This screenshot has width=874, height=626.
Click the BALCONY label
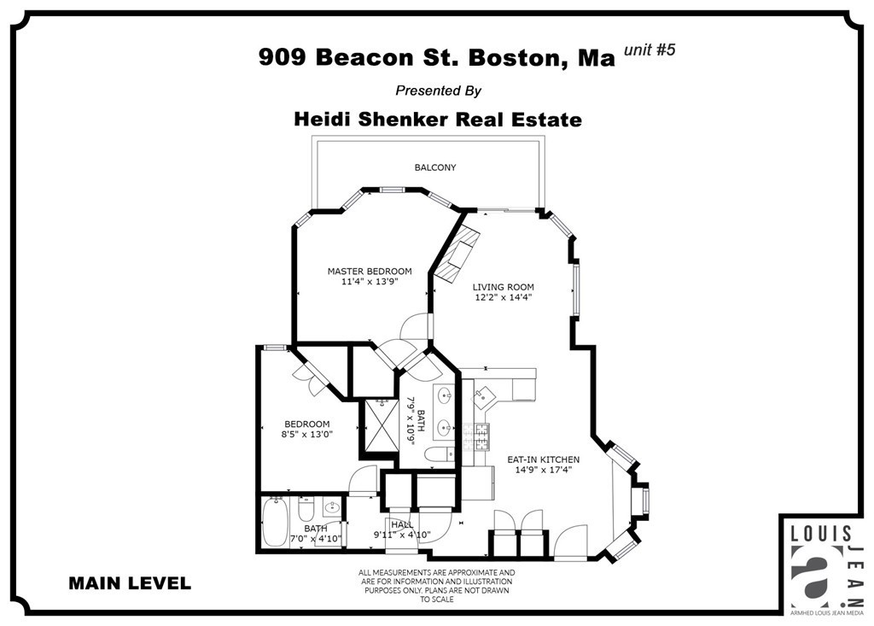pos(434,167)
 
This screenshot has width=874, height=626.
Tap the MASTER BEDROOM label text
pos(364,272)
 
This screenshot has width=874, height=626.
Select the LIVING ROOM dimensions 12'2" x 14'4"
pos(504,298)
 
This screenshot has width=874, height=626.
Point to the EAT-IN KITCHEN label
pos(544,459)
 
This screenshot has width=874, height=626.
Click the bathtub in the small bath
pos(275,522)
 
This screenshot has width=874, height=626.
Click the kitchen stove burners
pos(482,436)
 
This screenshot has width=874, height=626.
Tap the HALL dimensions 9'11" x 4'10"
pos(401,535)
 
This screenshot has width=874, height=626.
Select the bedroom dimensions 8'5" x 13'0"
pos(306,434)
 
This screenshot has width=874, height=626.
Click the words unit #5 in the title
pos(650,50)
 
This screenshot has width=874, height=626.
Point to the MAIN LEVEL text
pos(130,584)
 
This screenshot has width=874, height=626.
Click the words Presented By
pos(438,91)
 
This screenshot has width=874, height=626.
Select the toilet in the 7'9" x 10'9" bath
pos(440,453)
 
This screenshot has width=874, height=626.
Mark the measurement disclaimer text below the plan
pos(436,586)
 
